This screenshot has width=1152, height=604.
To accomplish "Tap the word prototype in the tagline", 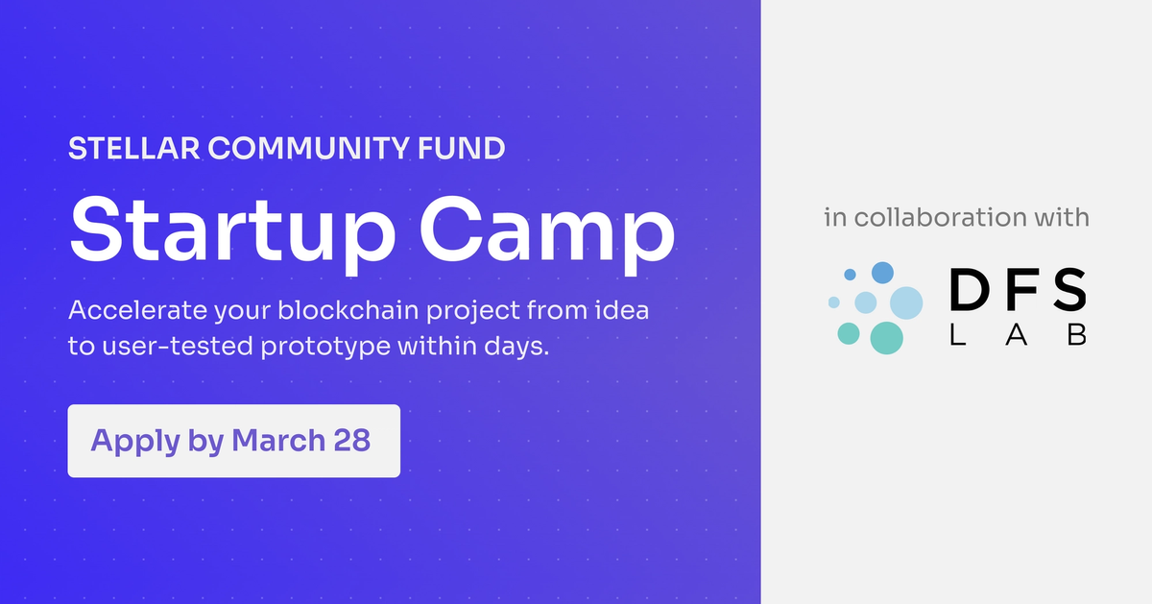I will pyautogui.click(x=325, y=346).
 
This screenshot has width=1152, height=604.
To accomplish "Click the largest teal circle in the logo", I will pyautogui.click(x=886, y=337).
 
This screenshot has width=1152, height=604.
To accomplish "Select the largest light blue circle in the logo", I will pyautogui.click(x=905, y=303).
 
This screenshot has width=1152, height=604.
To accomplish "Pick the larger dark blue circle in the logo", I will pyautogui.click(x=882, y=272).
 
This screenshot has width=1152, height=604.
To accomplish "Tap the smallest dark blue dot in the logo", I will pyautogui.click(x=850, y=275).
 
